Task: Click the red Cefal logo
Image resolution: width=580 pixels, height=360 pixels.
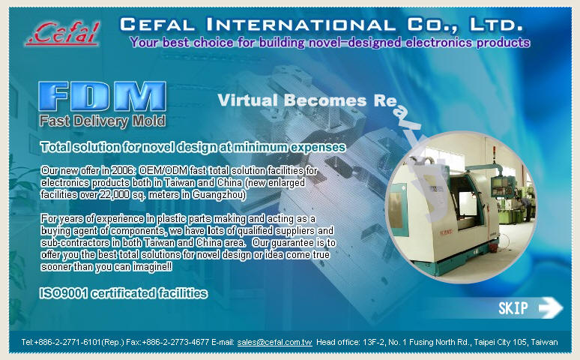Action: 63,33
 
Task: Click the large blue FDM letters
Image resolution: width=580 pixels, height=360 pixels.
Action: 103,96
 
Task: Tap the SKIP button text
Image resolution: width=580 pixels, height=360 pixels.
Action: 513,308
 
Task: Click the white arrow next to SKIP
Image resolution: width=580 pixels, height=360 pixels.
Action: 551,307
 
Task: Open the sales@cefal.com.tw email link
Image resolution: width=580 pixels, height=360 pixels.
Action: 275,342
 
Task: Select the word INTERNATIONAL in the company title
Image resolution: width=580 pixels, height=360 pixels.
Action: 300,25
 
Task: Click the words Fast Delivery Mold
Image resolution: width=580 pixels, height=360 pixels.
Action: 103,121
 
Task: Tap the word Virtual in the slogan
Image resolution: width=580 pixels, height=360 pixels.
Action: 247,100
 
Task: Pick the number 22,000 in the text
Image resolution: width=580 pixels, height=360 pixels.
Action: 115,194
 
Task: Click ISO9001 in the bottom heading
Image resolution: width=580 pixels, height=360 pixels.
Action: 63,293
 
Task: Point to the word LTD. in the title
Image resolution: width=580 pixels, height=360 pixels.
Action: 496,25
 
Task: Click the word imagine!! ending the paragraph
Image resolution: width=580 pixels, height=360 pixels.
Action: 152,267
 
